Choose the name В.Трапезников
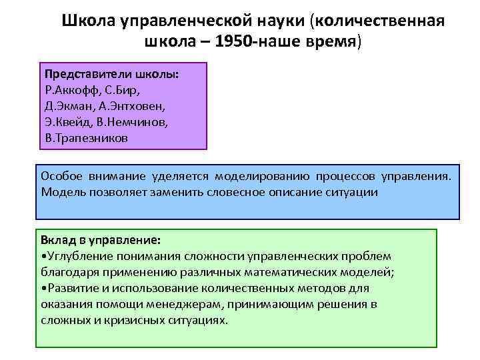tap(85, 138)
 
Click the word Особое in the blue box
tap(62, 176)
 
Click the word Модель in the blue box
tap(63, 192)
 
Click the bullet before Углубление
tap(43, 256)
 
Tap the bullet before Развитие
tap(43, 288)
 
